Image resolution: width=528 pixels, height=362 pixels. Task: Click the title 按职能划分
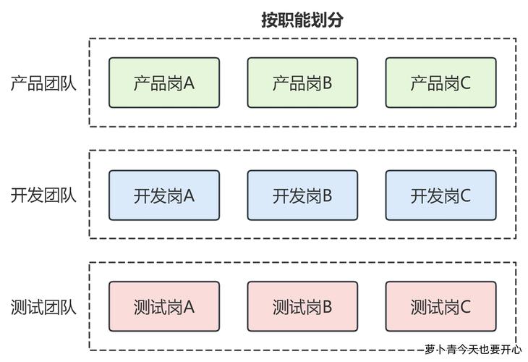(302, 20)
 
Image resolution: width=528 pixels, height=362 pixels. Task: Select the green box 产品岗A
(164, 83)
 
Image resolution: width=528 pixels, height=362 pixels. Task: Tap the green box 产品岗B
(302, 83)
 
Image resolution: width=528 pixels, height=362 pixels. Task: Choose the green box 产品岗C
(440, 83)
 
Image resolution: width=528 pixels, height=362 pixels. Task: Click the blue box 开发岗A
(164, 195)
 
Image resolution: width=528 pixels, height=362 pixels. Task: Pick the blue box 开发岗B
(302, 195)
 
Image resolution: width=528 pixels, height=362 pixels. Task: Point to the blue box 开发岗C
(440, 195)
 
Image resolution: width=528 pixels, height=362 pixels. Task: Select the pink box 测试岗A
(164, 307)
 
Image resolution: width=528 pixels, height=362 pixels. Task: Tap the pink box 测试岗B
(302, 307)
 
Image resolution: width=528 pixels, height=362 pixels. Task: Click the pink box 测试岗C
(440, 307)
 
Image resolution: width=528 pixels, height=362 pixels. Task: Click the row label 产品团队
(43, 83)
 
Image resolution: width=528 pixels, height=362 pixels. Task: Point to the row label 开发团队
(43, 195)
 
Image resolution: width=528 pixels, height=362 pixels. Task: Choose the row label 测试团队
(43, 307)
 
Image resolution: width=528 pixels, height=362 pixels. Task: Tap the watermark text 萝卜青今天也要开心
(473, 349)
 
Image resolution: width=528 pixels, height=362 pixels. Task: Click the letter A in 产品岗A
(189, 83)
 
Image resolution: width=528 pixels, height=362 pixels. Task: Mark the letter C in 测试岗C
(465, 307)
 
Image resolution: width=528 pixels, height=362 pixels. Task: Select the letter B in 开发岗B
(327, 195)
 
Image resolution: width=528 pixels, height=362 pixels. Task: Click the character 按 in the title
(270, 20)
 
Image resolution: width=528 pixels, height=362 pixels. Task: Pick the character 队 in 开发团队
(68, 195)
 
